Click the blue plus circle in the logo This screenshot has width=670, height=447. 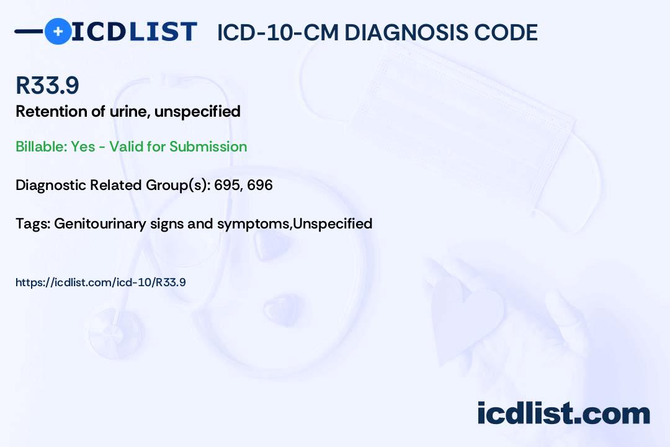[x=58, y=31]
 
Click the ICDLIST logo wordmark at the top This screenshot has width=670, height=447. [x=134, y=32]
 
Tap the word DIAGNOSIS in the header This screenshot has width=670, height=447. [x=406, y=33]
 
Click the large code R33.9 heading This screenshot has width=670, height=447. [x=47, y=85]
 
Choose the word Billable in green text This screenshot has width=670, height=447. [x=41, y=147]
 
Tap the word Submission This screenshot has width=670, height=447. [x=208, y=147]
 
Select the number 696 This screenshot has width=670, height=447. [x=260, y=185]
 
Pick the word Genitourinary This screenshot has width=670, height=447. [x=100, y=223]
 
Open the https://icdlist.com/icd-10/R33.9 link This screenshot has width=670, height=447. [x=100, y=282]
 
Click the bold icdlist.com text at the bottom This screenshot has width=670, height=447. [x=563, y=413]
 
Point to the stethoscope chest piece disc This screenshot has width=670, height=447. [x=115, y=333]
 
